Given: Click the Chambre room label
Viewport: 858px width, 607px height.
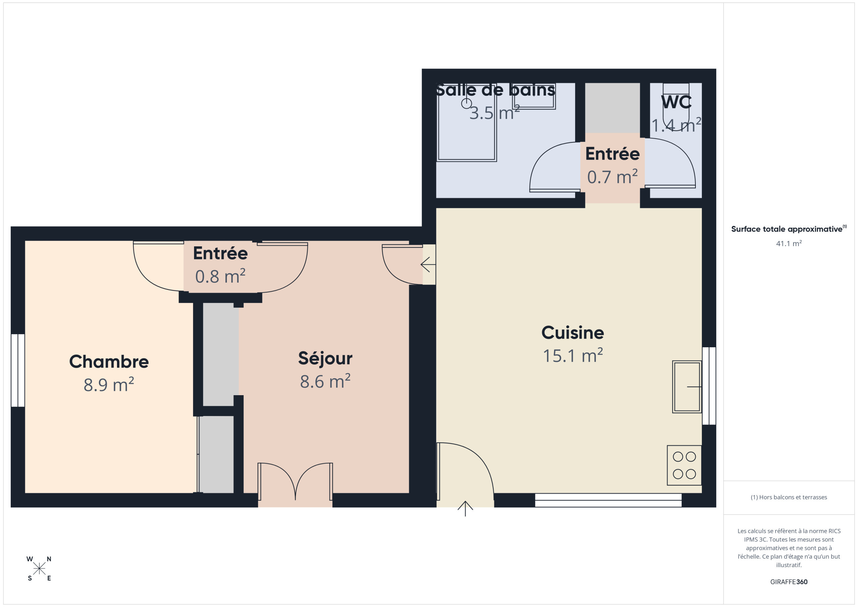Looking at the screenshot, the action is (x=109, y=361).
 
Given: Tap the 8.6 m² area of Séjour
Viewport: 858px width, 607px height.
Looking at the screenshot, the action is (x=325, y=381).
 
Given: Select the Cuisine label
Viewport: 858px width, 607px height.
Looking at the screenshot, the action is (x=572, y=332).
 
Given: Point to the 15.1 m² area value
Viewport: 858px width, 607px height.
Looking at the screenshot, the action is (x=572, y=356).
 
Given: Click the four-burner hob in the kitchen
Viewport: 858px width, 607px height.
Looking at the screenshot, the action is (x=684, y=465).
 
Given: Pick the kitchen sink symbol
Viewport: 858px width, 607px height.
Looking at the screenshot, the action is (x=687, y=387).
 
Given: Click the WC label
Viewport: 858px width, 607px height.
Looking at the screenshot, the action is (x=676, y=102).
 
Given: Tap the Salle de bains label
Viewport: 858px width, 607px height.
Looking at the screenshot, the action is (x=495, y=90).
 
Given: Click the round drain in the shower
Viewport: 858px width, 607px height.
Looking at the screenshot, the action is (x=466, y=104).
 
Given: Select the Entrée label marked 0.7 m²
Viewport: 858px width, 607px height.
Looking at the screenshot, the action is (x=612, y=154).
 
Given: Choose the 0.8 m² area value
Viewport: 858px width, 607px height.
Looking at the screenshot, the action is (x=220, y=276).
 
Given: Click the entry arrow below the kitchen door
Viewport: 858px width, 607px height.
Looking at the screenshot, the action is (x=465, y=509).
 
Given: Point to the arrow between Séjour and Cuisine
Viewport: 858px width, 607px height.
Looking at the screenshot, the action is (x=428, y=265).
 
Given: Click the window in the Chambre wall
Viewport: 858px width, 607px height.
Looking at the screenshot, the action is (x=17, y=370).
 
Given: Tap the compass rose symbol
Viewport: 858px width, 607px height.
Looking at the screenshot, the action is (x=39, y=568).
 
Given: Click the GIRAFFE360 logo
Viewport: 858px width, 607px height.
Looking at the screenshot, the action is (x=789, y=582).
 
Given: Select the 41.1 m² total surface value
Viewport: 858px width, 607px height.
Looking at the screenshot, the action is (x=789, y=243).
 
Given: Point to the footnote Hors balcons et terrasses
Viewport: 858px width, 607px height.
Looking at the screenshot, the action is (x=789, y=497).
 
